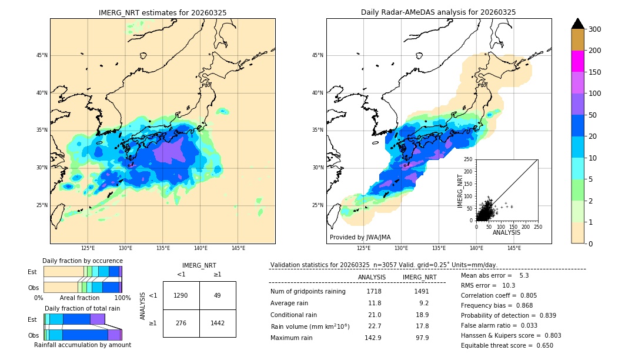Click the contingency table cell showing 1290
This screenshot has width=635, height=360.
pos(181,295)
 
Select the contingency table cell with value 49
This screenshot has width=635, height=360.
pos(218,295)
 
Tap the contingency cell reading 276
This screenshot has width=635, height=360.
pos(181,323)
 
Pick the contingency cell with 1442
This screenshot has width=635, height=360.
pos(218,323)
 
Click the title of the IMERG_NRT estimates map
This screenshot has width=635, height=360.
pos(162,12)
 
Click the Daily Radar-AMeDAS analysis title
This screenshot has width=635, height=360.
pos(439,12)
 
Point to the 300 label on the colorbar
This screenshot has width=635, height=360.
pos(595,29)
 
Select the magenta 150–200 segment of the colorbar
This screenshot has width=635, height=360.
pos(577,61)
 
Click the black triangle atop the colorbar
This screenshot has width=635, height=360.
pos(577,24)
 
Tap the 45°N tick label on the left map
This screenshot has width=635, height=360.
pos(42,56)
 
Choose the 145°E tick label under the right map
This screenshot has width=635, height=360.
pos(514,248)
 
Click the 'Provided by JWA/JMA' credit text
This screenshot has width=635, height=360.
pos(360,238)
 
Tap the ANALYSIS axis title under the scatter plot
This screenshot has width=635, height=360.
pos(507,232)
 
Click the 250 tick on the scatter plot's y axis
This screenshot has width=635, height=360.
pos(469,159)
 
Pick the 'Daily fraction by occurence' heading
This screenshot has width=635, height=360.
pos(82,261)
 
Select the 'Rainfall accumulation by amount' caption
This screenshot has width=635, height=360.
pos(82,345)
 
